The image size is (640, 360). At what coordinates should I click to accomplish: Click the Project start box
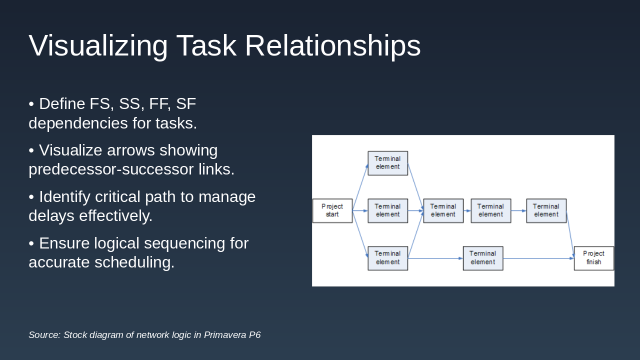332,210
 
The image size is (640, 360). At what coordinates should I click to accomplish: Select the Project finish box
593,258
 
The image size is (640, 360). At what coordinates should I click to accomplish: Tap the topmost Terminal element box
387,163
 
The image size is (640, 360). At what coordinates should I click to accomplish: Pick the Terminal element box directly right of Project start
387,210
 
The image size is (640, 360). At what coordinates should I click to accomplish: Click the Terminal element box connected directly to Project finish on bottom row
482,258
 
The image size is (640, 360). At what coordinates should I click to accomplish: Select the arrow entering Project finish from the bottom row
538,258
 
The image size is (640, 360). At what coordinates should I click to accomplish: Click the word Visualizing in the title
98,46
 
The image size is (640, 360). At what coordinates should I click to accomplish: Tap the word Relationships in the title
332,46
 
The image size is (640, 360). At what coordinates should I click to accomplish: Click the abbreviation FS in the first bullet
100,104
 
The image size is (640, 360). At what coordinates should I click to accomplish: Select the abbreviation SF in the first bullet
186,104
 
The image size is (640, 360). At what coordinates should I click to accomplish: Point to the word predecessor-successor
111,169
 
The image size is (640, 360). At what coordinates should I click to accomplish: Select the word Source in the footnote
44,335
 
